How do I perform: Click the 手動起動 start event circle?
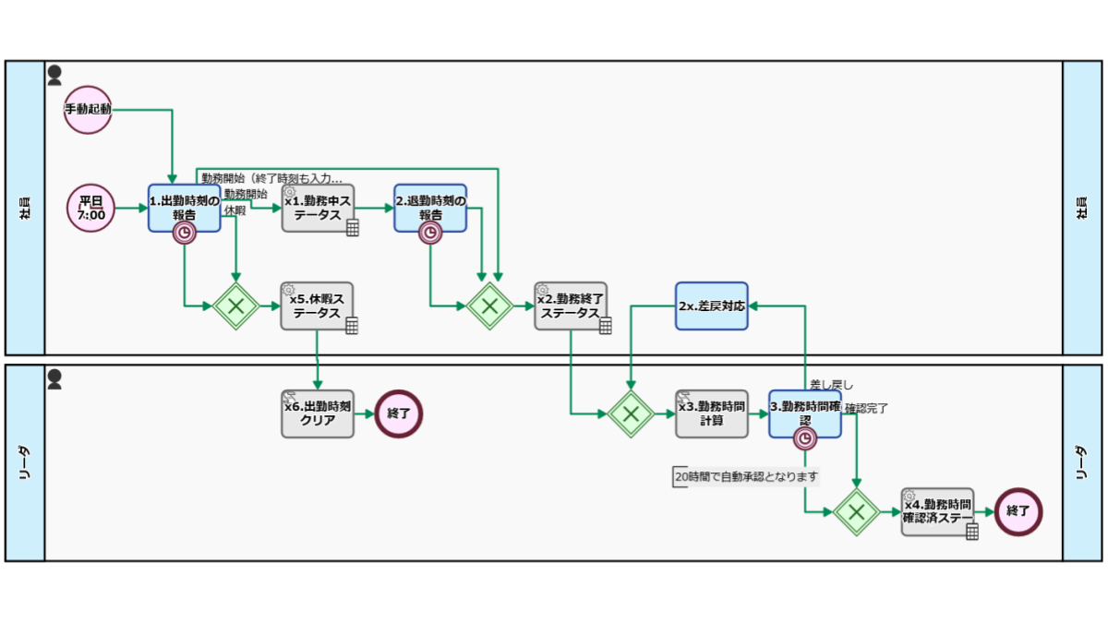[x=88, y=110]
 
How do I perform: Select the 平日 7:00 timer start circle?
[x=91, y=209]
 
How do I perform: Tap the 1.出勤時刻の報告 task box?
[x=185, y=209]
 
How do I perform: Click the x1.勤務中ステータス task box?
[x=318, y=209]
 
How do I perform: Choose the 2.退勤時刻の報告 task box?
[x=430, y=209]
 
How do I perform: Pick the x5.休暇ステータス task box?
[x=317, y=306]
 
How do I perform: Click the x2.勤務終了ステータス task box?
[x=571, y=306]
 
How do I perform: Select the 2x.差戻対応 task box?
[x=712, y=306]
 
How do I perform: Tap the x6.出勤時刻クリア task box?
[x=318, y=413]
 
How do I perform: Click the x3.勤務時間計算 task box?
[x=712, y=413]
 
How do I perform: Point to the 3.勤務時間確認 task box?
[x=805, y=413]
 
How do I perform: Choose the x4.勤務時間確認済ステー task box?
[x=937, y=512]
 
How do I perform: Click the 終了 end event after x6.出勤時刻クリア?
[x=399, y=413]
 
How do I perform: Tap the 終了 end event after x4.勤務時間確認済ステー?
[x=1018, y=512]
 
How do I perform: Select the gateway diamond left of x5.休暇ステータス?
[x=236, y=306]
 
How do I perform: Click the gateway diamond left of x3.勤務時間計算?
[x=631, y=413]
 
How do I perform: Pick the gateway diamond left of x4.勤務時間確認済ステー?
[x=856, y=512]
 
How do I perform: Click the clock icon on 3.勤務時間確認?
[x=805, y=438]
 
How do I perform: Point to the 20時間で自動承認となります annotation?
[x=746, y=476]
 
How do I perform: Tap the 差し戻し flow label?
[x=832, y=385]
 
